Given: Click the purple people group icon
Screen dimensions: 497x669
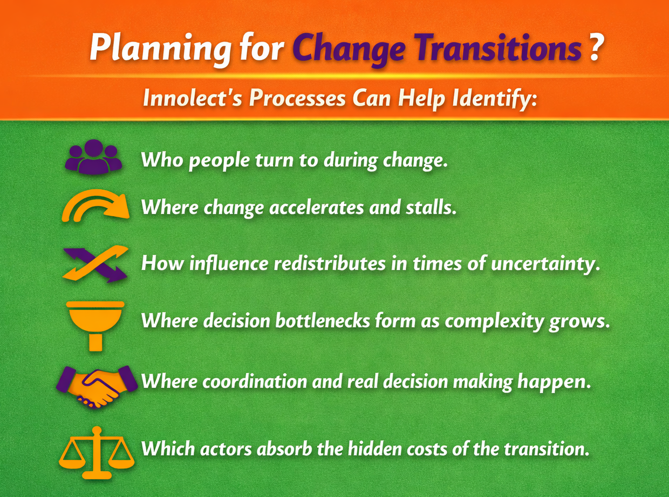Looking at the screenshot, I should coord(93,157).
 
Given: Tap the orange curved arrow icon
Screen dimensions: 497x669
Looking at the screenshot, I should coord(95,206).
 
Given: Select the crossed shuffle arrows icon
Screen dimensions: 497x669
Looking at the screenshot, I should coord(95,264).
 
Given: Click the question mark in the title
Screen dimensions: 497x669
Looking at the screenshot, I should coord(594,50).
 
